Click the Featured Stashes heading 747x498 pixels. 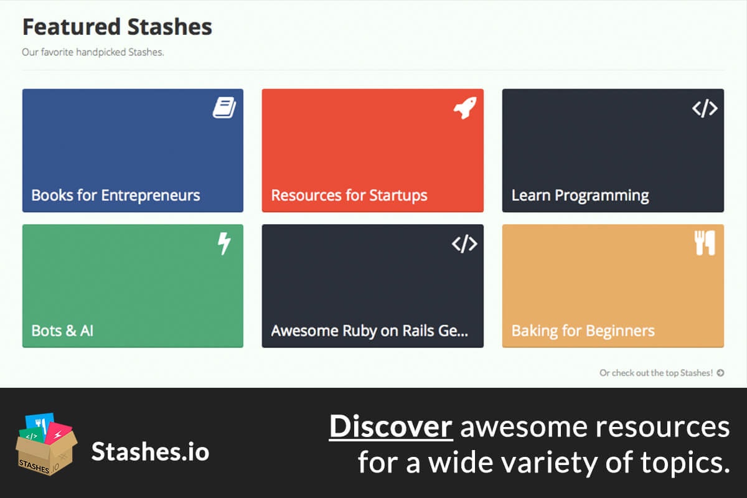(117, 27)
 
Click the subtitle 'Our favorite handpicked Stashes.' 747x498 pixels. (93, 52)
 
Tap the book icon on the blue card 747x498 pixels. (225, 108)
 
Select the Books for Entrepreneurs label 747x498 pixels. (116, 195)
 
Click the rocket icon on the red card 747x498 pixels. (464, 108)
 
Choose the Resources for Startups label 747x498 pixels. (349, 195)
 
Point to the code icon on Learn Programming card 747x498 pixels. (705, 108)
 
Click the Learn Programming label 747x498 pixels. (580, 195)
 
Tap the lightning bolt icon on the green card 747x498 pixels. (224, 243)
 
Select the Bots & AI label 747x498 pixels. (62, 330)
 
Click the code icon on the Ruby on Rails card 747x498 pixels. (464, 243)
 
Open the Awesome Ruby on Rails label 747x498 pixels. (369, 330)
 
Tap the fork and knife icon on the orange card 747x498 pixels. (705, 243)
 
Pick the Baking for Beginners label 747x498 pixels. (583, 330)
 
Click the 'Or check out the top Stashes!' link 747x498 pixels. (656, 373)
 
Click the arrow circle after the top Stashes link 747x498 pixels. (720, 373)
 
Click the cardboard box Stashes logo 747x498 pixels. (45, 443)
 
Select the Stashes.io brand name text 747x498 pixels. (150, 451)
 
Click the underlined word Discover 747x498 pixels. (391, 426)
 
